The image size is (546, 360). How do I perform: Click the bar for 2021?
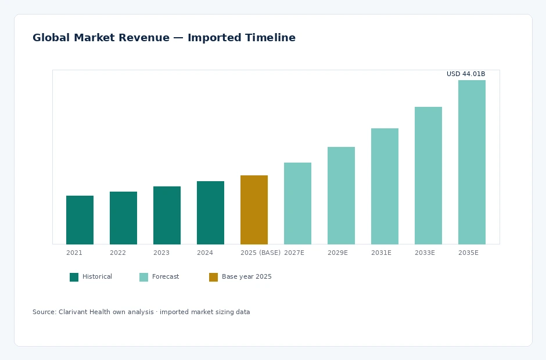tap(80, 220)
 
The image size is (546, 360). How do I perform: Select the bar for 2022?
tap(123, 218)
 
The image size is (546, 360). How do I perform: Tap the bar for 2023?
tap(167, 215)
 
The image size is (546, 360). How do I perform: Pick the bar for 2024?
tap(210, 213)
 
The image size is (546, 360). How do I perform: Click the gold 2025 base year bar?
tap(254, 210)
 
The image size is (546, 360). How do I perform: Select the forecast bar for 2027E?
tap(298, 203)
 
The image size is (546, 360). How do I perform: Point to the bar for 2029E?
tap(342, 196)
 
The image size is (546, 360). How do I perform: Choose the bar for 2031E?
tap(385, 186)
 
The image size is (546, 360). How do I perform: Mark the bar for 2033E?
tap(428, 175)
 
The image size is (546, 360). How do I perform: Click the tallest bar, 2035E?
tap(472, 162)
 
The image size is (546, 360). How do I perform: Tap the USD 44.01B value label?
tap(466, 74)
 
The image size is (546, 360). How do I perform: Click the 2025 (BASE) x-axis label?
tap(260, 253)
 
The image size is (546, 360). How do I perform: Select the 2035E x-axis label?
tap(468, 253)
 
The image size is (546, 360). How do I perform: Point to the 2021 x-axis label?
tap(74, 253)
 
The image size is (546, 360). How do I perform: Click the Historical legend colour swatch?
tap(74, 277)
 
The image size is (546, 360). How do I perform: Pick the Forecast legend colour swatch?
tap(144, 277)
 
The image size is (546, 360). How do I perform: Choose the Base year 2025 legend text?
tap(246, 277)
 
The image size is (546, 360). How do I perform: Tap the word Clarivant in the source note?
tap(73, 312)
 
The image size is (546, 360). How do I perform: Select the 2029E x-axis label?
tap(338, 253)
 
